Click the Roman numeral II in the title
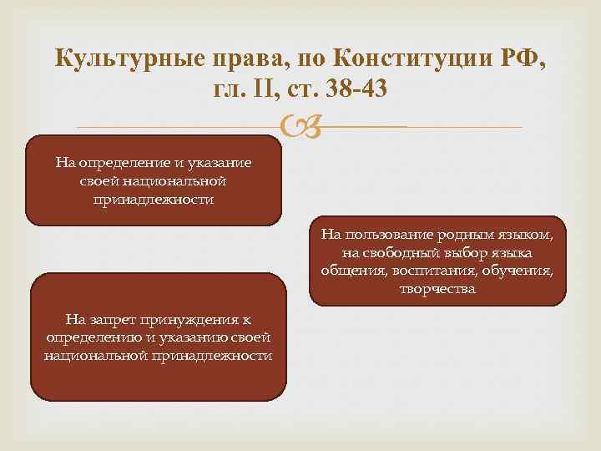(x=267, y=89)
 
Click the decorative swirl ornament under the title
(x=300, y=126)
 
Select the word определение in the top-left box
(x=124, y=163)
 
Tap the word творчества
(x=437, y=289)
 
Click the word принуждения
(x=188, y=321)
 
